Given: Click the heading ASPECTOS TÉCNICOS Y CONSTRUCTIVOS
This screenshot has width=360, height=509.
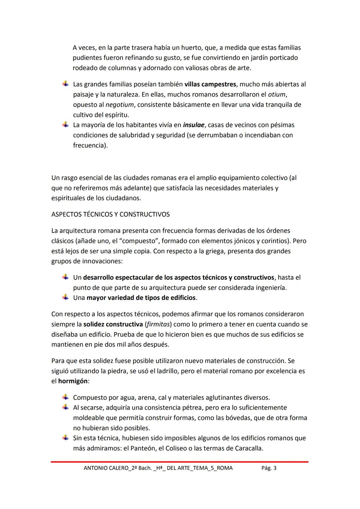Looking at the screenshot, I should tap(110, 214).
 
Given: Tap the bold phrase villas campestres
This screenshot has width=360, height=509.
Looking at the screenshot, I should tap(210, 84).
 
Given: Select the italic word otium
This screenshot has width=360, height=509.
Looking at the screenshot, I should tap(277, 94).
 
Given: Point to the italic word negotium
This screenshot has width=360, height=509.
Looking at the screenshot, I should tap(119, 105).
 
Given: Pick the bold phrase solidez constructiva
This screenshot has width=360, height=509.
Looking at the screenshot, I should tap(113, 324).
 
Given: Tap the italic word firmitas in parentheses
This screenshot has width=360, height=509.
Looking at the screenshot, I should tap(158, 324).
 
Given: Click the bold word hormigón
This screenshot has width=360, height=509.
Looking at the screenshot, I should tap(73, 381).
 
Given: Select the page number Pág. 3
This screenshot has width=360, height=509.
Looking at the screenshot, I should tap(269, 468).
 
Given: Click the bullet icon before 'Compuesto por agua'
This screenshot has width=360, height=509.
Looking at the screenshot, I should tap(66, 397).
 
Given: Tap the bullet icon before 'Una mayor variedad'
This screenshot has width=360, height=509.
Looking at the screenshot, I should tap(66, 297).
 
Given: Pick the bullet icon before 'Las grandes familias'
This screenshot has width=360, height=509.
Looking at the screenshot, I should tap(66, 84).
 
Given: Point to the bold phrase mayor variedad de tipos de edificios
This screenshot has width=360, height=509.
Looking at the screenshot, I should tap(141, 298).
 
